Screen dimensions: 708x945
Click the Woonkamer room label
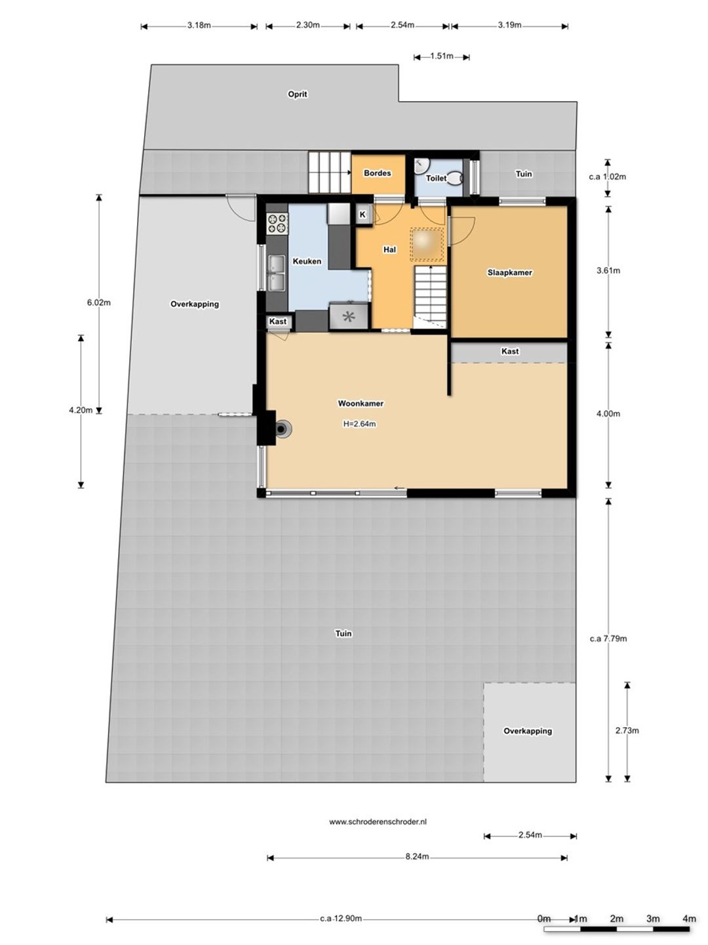tap(361, 404)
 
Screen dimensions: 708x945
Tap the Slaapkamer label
tap(509, 272)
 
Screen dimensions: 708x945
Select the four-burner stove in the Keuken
tap(277, 223)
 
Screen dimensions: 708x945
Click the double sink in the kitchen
tap(277, 273)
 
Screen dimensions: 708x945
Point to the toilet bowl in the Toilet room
tap(455, 178)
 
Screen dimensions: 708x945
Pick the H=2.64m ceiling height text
tap(359, 424)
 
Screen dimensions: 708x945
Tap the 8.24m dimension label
tap(417, 856)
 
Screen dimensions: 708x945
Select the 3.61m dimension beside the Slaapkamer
tap(608, 271)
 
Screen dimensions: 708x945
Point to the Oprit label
tap(298, 94)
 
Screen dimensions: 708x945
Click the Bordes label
tap(378, 173)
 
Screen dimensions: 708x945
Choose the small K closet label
tap(363, 215)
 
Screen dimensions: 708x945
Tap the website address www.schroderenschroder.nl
tap(378, 822)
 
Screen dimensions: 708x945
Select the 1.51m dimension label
tap(441, 56)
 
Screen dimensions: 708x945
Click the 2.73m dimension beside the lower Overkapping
tap(627, 730)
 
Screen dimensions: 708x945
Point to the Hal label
tap(389, 250)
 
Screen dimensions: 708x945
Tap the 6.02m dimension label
tap(99, 303)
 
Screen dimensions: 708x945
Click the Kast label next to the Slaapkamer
tap(510, 351)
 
